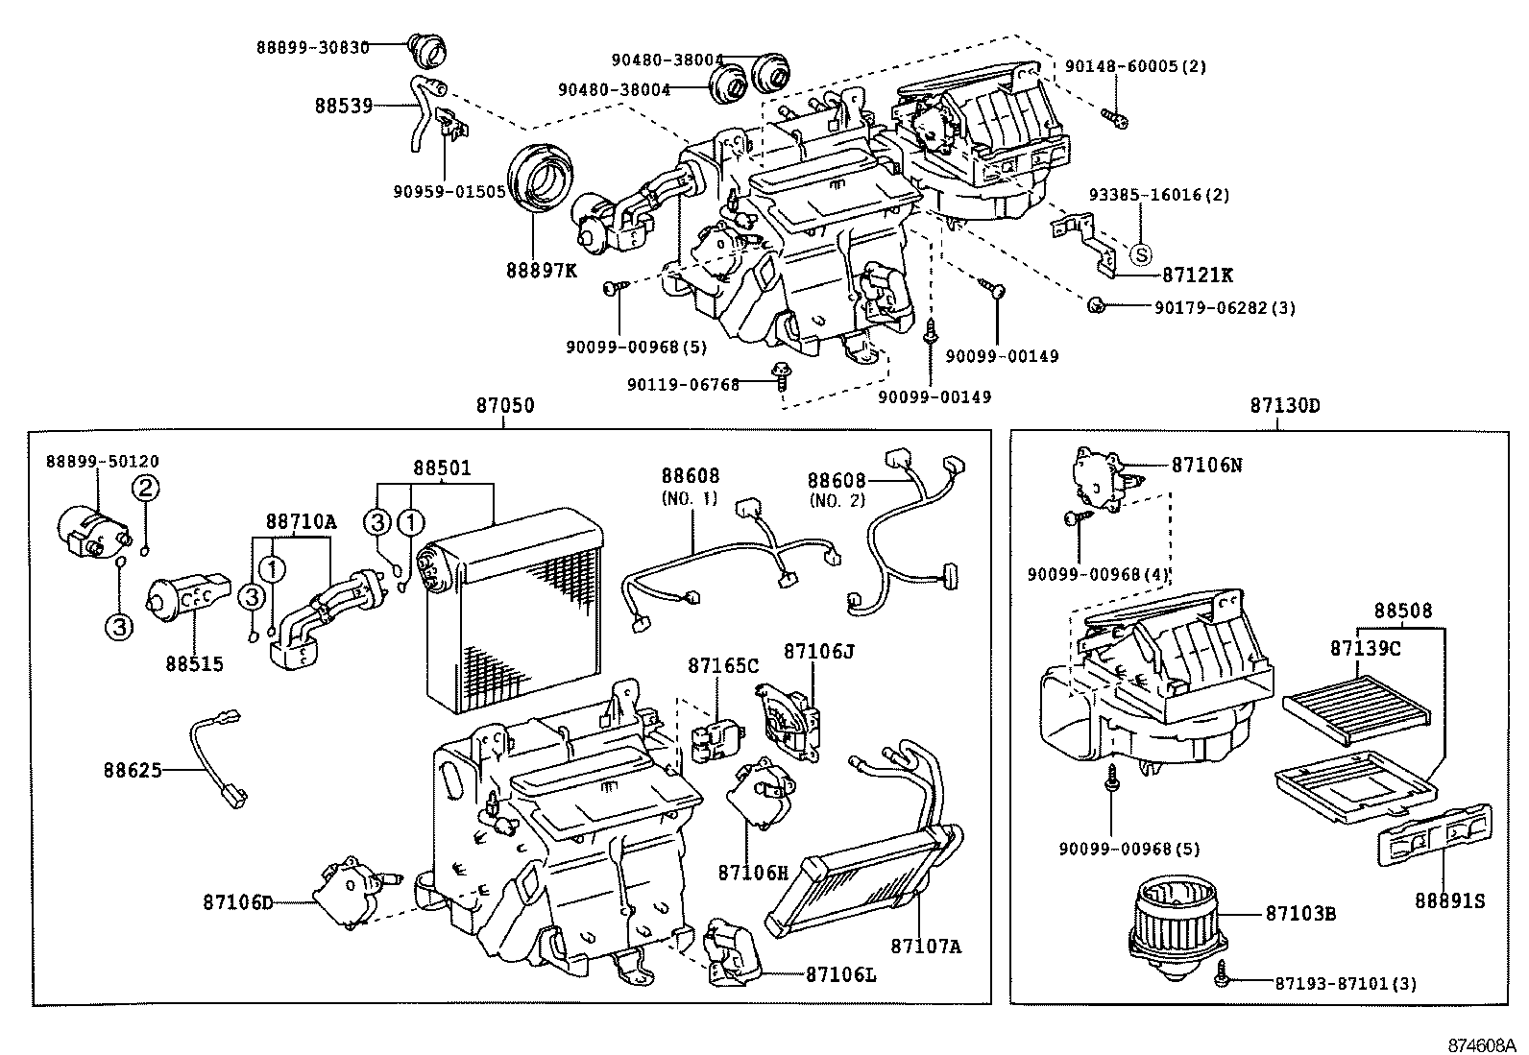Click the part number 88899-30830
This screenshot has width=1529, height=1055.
coord(313,47)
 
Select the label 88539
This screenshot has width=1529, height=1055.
coord(343,106)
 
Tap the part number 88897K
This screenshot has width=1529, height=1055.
coord(542,270)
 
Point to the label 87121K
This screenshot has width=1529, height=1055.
coord(1197,276)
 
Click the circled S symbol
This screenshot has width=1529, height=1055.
coord(1139,254)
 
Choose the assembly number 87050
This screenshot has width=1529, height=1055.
coord(505,406)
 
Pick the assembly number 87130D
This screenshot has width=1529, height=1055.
coord(1284,406)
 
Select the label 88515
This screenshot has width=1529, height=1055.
coord(194,663)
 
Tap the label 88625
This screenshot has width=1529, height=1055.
coord(133,770)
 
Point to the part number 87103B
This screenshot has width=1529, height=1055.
coord(1299,913)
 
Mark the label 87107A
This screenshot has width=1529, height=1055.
coord(925,947)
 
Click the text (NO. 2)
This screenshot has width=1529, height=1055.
coord(837,499)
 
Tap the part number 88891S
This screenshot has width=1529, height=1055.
coord(1449,900)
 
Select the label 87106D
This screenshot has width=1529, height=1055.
coord(238,902)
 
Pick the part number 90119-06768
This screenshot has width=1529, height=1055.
coord(683,385)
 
